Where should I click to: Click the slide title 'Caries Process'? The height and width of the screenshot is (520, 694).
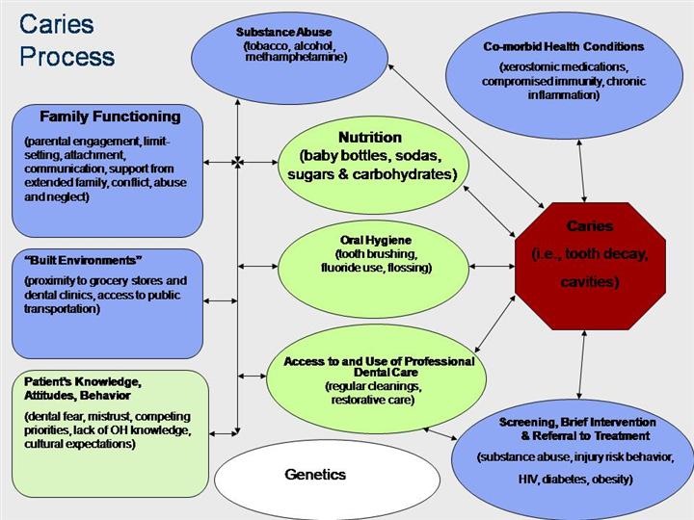click(67, 40)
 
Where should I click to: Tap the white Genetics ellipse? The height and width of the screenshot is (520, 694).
click(315, 474)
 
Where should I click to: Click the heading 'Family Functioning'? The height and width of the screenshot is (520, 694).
click(110, 117)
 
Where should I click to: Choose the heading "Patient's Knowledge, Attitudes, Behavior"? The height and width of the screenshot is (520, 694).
click(83, 388)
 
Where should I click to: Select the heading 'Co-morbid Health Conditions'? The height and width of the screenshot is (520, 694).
click(563, 45)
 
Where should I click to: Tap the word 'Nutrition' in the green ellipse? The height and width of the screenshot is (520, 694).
click(369, 138)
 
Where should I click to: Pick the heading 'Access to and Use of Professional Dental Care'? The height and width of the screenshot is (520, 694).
click(379, 367)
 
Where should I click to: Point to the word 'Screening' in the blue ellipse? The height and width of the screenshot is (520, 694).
click(531, 422)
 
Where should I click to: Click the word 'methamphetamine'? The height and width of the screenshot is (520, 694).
click(296, 57)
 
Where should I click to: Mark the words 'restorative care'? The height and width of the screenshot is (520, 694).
click(369, 400)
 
